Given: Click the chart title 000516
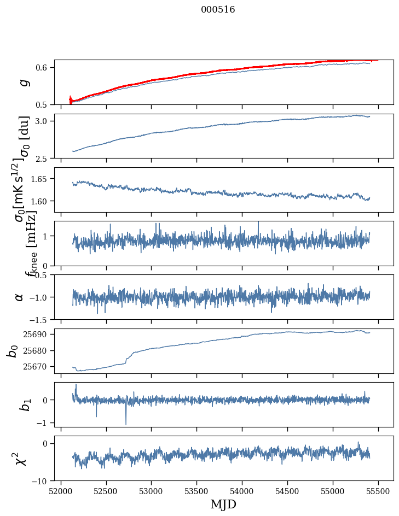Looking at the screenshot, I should [x=218, y=10].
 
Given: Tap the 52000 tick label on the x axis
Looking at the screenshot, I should [x=61, y=491].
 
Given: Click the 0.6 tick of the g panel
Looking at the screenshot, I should [x=43, y=67].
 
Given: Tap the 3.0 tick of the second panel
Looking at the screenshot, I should [x=43, y=121].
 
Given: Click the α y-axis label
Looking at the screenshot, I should [x=20, y=297].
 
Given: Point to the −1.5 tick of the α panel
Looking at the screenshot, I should [x=40, y=319].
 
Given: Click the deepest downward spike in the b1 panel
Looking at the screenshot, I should [x=126, y=424].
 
